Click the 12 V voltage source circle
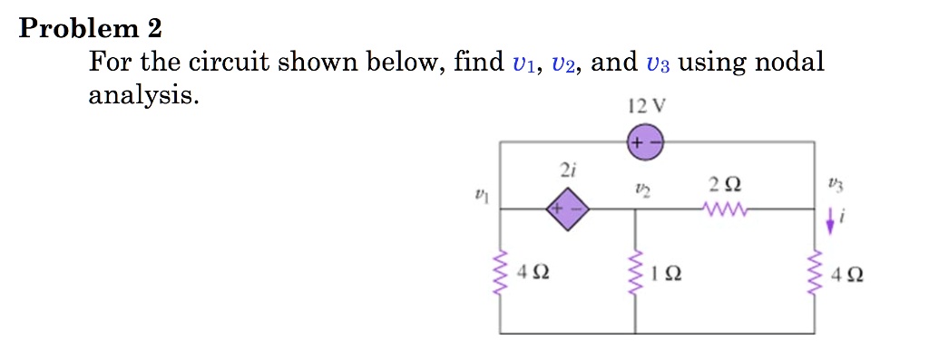pyautogui.click(x=645, y=143)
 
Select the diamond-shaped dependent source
pyautogui.click(x=568, y=209)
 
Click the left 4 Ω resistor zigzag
pyautogui.click(x=500, y=271)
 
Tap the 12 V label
pyautogui.click(x=646, y=105)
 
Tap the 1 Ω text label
pyautogui.click(x=667, y=272)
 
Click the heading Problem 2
pyautogui.click(x=91, y=29)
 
